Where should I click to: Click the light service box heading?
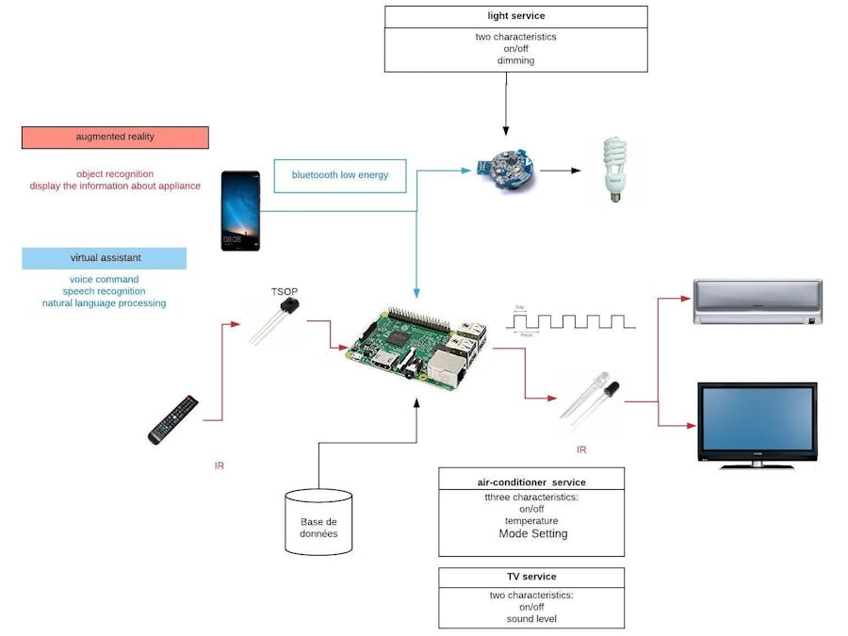[515, 16]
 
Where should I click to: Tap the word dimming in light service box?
[515, 60]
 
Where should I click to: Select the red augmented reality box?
[115, 138]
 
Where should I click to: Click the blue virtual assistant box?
[105, 258]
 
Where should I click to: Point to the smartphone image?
[240, 210]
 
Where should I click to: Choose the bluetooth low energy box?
[339, 175]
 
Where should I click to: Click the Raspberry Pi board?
[416, 346]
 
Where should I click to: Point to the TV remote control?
[173, 419]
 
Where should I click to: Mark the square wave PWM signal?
[572, 320]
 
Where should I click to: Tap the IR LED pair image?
[591, 398]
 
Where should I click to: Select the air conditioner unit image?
[758, 302]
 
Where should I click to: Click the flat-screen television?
[757, 424]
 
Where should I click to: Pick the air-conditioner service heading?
[531, 481]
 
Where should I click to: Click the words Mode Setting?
[532, 533]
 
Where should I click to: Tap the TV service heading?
[531, 577]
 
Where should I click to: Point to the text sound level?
[531, 619]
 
